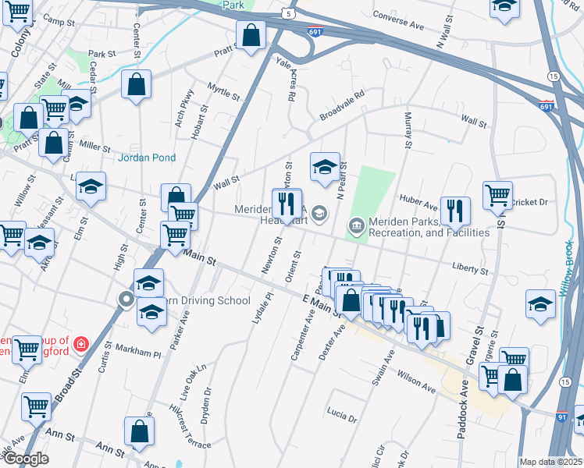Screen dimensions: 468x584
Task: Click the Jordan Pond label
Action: click(147, 158)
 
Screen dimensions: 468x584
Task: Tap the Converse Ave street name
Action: click(398, 21)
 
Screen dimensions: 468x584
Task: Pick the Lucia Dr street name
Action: click(342, 414)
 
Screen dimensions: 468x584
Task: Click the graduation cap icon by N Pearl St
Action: click(325, 166)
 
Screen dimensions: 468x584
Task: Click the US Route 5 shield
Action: click(290, 14)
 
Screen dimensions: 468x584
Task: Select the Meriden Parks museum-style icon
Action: click(356, 227)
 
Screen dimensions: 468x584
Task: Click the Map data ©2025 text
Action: click(551, 462)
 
